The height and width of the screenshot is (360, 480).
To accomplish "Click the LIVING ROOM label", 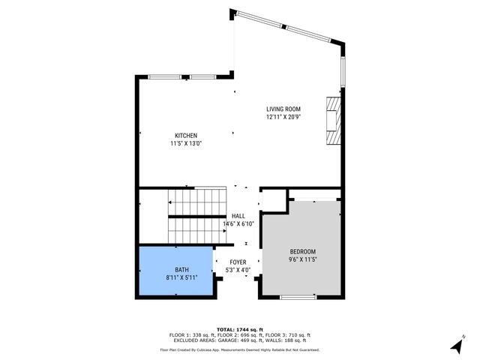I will (x=283, y=109).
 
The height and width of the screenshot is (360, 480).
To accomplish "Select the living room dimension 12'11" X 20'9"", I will (x=283, y=117).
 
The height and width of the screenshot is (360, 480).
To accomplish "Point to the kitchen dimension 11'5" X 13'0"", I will (x=185, y=143).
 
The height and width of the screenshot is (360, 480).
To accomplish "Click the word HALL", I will (x=238, y=216).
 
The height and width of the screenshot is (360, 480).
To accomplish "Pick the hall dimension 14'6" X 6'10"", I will (x=238, y=223).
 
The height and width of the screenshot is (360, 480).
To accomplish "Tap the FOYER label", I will (x=238, y=262).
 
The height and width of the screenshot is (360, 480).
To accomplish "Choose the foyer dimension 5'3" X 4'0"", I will (x=238, y=270).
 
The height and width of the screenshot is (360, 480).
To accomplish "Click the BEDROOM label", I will (x=303, y=251).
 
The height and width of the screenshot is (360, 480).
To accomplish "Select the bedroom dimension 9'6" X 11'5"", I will (x=303, y=259).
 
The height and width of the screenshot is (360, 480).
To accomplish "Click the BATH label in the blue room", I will (x=182, y=269).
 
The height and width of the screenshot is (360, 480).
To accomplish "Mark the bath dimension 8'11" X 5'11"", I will (x=182, y=277).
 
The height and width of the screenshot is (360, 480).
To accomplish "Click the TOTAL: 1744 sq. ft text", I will (x=239, y=329).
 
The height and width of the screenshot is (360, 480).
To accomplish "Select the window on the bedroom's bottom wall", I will (x=298, y=298).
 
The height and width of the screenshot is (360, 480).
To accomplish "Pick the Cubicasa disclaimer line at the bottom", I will (x=239, y=349).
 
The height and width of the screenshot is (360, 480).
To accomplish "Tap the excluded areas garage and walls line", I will (x=239, y=340).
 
